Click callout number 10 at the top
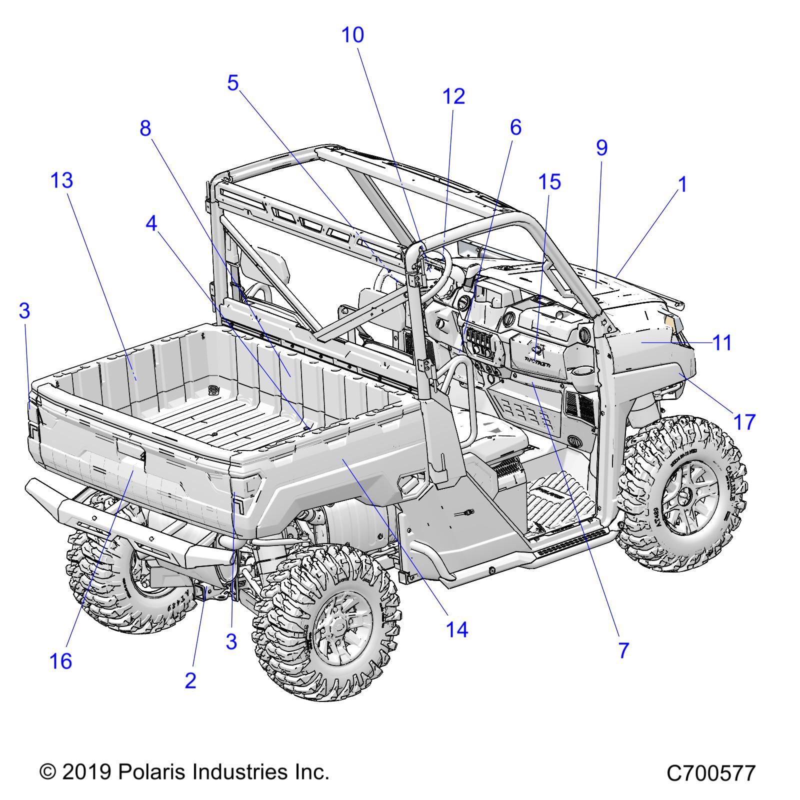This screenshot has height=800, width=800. tap(352, 35)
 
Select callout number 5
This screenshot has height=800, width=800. tap(233, 83)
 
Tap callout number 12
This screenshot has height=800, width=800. tap(454, 96)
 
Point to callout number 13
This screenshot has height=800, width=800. tap(62, 180)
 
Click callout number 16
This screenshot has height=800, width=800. tap(61, 661)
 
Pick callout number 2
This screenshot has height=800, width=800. tap(190, 680)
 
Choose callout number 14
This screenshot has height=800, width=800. tap(457, 629)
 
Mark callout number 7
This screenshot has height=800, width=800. tap(623, 650)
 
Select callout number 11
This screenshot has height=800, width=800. tap(722, 343)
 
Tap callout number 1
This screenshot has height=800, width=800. tap(682, 185)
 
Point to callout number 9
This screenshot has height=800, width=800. tap(601, 148)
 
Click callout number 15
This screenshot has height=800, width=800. tap(549, 182)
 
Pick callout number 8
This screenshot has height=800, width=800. tap(145, 129)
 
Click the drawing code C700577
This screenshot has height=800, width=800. tap(710, 773)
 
